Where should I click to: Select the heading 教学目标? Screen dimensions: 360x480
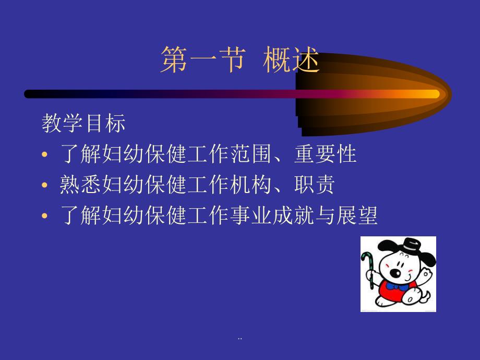tap(83, 124)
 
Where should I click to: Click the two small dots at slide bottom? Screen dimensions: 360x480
tap(239, 340)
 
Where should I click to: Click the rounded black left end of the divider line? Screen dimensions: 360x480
tap(29, 94)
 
